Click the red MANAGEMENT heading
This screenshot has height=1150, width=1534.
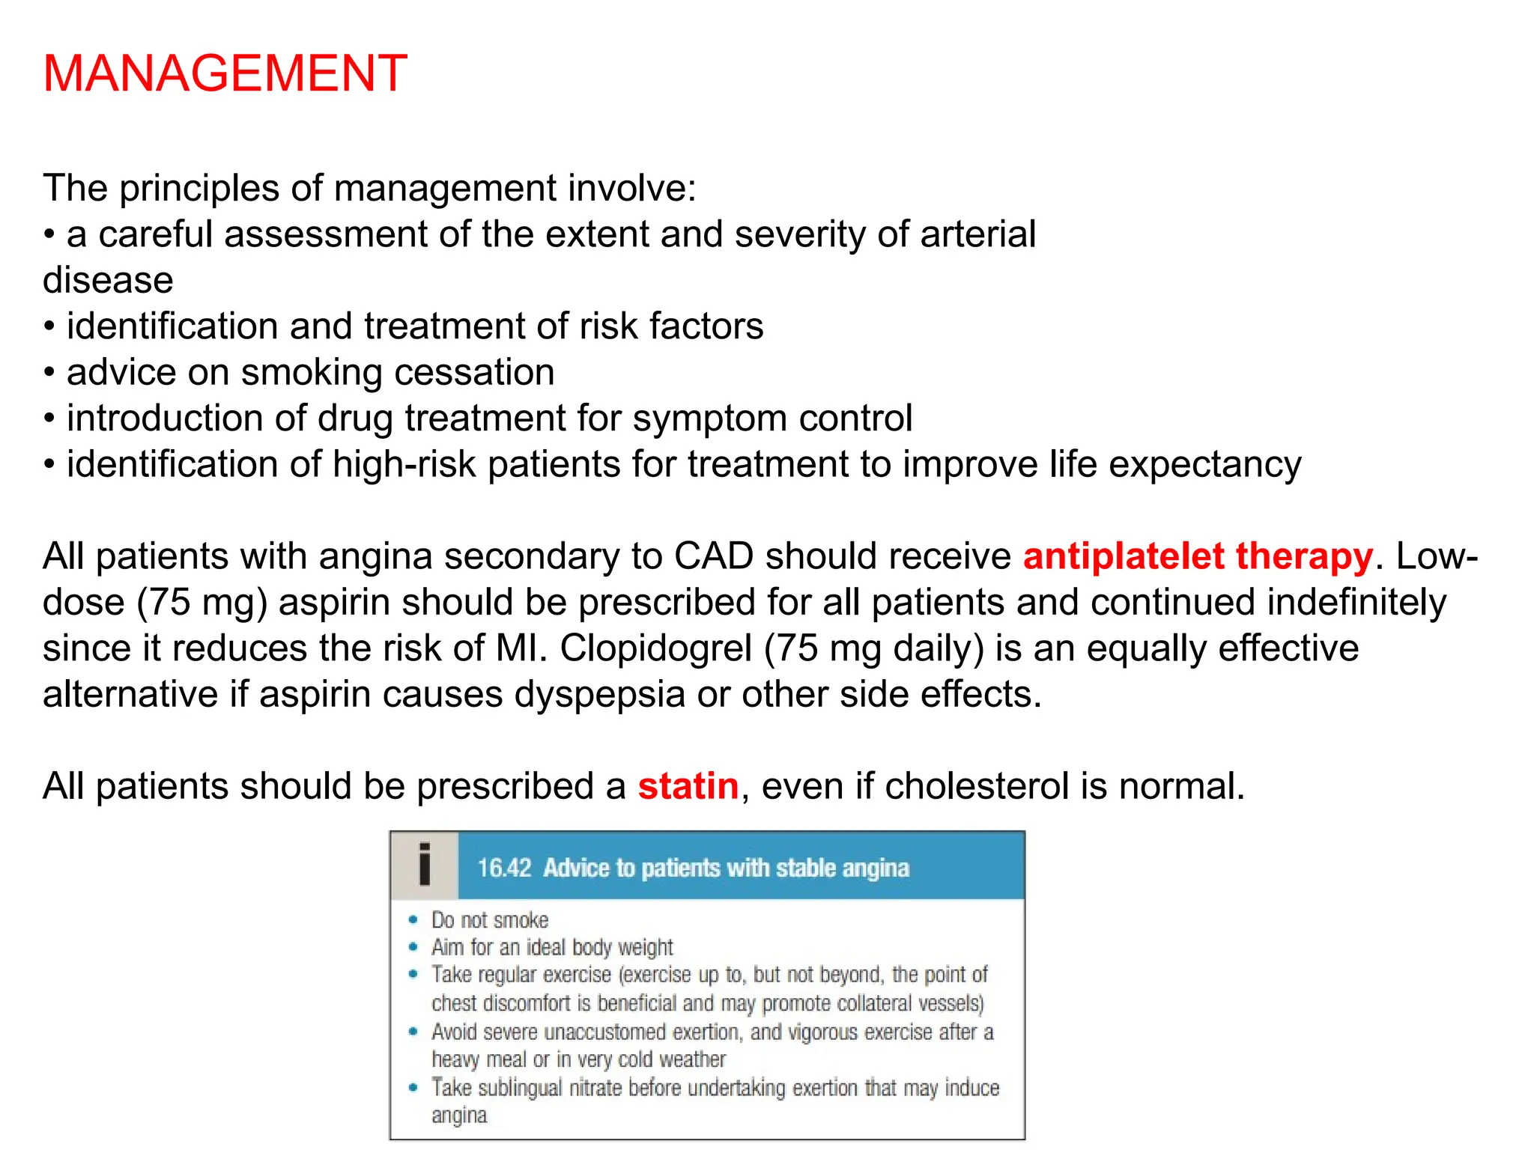pyautogui.click(x=225, y=73)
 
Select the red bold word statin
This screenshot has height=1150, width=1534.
pyautogui.click(x=688, y=786)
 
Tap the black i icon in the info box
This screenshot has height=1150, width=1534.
pyautogui.click(x=425, y=865)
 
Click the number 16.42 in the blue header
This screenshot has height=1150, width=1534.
pyautogui.click(x=504, y=868)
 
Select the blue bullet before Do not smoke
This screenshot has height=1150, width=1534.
pyautogui.click(x=413, y=919)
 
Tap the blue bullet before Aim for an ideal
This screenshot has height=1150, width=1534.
pyautogui.click(x=413, y=947)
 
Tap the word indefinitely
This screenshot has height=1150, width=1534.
pyautogui.click(x=1356, y=603)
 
